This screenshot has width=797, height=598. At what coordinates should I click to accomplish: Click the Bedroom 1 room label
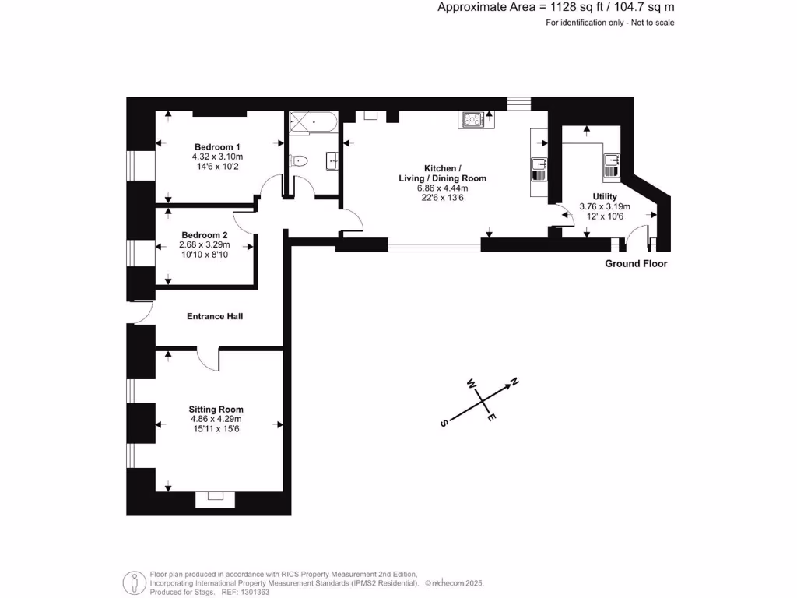(x=217, y=147)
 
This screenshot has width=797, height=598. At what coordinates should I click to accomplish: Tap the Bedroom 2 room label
(x=205, y=235)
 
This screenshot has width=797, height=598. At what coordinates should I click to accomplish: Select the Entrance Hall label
(x=215, y=316)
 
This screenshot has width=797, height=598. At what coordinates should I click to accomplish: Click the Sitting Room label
(x=216, y=409)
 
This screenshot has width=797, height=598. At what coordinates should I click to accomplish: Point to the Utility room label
(x=604, y=196)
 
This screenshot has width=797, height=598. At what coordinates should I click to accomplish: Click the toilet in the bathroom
(x=298, y=161)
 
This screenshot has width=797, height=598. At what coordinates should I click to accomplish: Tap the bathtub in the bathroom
(x=312, y=122)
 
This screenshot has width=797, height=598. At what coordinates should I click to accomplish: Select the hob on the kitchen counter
(x=472, y=119)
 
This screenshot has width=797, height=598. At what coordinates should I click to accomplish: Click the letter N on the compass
(x=514, y=382)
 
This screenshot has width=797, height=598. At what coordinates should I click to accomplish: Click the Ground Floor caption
(x=636, y=264)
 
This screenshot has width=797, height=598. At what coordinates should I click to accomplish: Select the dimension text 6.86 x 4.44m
(x=442, y=188)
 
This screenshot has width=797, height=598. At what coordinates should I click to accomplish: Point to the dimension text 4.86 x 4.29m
(x=216, y=419)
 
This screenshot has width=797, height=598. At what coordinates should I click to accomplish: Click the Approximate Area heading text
(x=556, y=8)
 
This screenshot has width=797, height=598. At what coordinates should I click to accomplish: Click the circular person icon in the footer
(x=135, y=582)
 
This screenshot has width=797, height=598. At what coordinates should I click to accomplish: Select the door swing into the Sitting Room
(x=207, y=360)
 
